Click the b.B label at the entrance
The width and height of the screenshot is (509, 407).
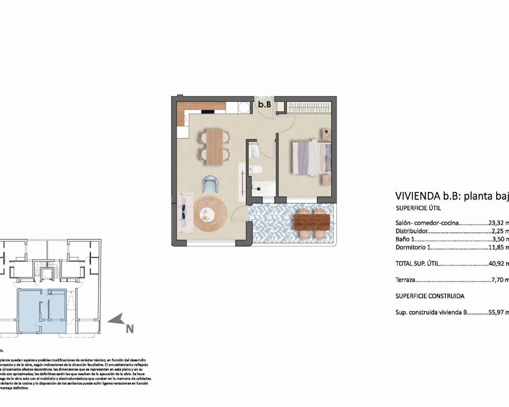pyautogui.click(x=264, y=105)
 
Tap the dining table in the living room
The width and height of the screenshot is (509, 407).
pyautogui.click(x=215, y=146)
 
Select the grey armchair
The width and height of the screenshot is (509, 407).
pyautogui.click(x=210, y=184)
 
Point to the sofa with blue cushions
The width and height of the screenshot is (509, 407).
pyautogui.click(x=186, y=213)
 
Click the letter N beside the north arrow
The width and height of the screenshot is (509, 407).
pyautogui.click(x=130, y=329)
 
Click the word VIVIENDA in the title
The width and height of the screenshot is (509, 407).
pyautogui.click(x=417, y=196)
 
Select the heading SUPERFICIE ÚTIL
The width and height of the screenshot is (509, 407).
pyautogui.click(x=418, y=208)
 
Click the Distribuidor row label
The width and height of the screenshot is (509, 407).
pyautogui.click(x=412, y=231)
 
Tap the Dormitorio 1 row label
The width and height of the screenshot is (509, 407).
pyautogui.click(x=413, y=247)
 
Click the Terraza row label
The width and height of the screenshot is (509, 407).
pyautogui.click(x=406, y=280)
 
